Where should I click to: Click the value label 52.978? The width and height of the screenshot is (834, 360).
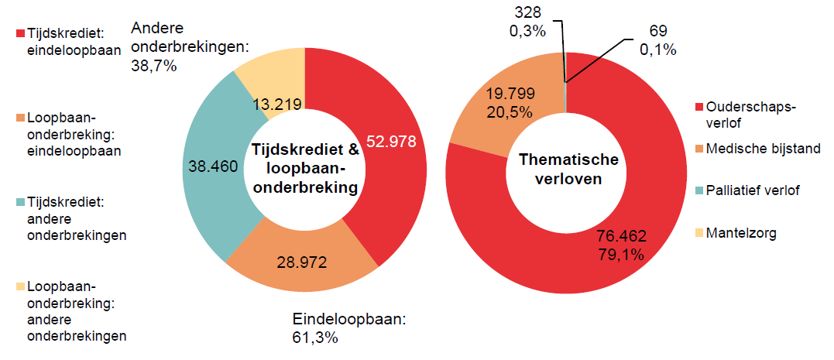tap(391, 142)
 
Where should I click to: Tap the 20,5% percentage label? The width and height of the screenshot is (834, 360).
tap(510, 111)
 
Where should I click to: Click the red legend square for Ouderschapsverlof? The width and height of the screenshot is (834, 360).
tap(700, 106)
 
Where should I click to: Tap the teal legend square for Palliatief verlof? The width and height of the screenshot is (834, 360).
tap(700, 190)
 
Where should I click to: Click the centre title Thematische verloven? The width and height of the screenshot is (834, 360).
tap(568, 169)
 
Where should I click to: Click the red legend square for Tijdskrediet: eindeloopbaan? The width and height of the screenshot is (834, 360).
tap(20, 34)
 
